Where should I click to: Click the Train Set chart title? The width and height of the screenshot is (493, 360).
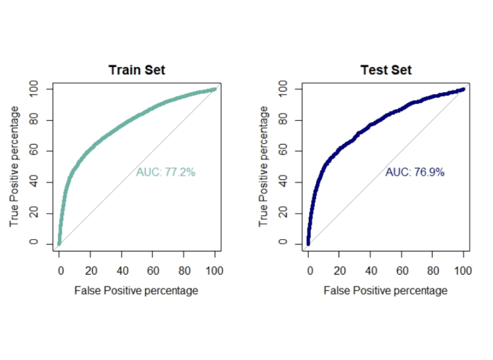tap(137, 70)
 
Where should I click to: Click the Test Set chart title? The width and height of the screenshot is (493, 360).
tap(386, 70)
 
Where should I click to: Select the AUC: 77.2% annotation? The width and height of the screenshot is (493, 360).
tap(166, 172)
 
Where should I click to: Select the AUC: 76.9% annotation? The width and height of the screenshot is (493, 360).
tap(415, 172)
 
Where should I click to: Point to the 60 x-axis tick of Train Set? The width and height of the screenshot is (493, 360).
tap(153, 271)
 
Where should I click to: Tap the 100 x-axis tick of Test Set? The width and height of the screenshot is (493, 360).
tap(463, 271)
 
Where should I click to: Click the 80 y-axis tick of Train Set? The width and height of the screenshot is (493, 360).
tap(34, 120)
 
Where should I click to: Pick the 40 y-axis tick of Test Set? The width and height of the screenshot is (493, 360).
tap(283, 182)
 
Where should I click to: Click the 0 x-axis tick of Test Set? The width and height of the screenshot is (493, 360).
tap(310, 271)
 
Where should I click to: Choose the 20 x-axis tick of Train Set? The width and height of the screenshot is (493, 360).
tap(91, 271)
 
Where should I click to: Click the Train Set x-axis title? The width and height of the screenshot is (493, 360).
tap(136, 290)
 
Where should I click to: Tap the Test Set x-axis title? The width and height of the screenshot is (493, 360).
tap(385, 290)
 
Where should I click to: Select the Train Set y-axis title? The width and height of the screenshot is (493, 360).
tap(14, 166)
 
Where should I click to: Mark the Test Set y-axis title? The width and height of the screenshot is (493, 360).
tap(264, 166)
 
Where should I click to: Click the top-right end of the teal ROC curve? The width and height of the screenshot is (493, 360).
tap(216, 89)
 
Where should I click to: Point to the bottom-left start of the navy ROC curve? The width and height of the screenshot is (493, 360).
tap(308, 244)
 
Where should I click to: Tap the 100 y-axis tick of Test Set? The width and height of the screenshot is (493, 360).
tap(283, 89)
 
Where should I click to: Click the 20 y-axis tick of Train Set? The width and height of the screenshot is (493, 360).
tap(34, 213)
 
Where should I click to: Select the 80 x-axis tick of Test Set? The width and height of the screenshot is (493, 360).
tap(433, 271)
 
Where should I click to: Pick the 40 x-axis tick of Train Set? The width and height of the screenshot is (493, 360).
tap(122, 271)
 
